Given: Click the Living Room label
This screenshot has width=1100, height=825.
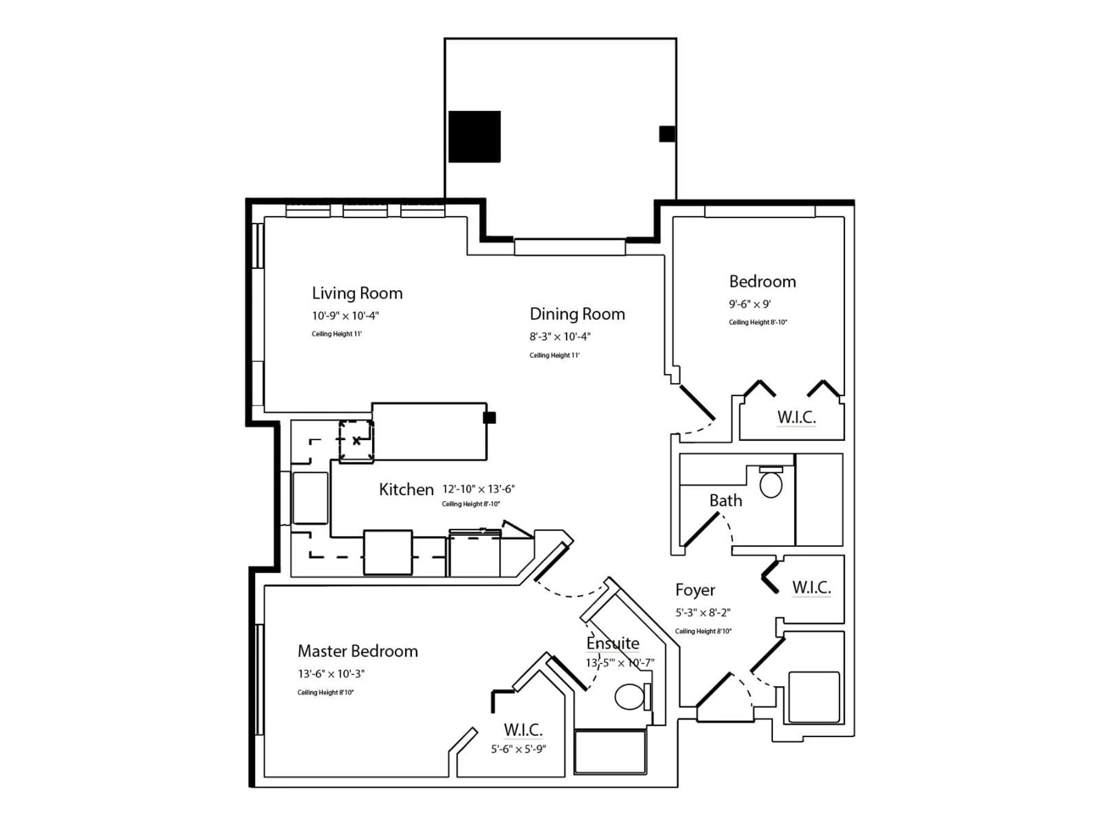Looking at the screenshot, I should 357,293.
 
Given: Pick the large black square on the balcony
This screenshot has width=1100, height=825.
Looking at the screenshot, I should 474,136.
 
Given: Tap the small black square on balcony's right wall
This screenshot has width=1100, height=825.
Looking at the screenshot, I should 667,134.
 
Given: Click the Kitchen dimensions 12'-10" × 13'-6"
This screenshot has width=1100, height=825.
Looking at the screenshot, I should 478,489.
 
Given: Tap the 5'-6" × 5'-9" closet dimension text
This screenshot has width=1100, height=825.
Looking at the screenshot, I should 518,749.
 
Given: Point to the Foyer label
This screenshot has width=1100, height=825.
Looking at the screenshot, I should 695,590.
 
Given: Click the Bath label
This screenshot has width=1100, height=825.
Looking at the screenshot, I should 726,501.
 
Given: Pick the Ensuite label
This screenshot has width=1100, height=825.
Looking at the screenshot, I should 613,643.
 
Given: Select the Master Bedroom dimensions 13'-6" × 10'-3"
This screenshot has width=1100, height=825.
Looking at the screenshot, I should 331,674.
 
